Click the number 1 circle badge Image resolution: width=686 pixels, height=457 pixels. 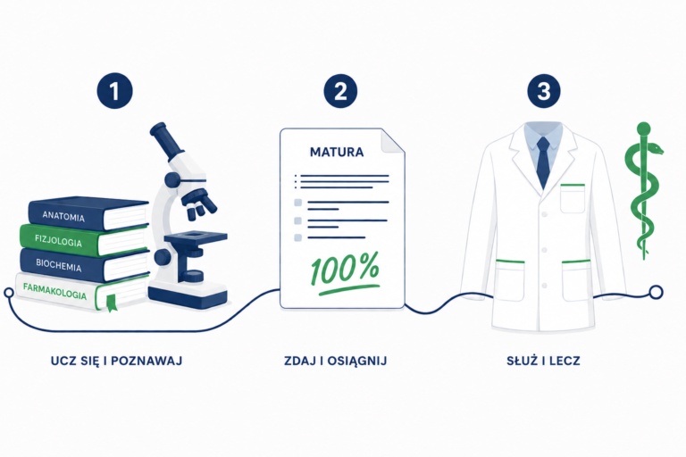click(114, 91)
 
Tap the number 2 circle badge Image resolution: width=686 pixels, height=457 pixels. click(340, 91)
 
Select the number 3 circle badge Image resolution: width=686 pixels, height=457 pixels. click(544, 91)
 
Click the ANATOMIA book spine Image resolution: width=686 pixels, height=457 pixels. click(64, 215)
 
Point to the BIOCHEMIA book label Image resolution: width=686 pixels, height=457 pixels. click(59, 265)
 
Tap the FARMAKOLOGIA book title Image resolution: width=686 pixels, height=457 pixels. click(54, 291)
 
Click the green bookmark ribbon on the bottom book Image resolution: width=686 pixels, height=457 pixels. click(112, 303)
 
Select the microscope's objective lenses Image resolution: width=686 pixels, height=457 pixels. click(200, 204)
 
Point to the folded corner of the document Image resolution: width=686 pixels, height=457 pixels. click(392, 141)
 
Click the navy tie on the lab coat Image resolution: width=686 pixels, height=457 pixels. click(543, 162)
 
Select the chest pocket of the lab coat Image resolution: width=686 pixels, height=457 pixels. click(573, 198)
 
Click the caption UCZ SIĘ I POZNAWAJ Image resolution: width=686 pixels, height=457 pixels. click(116, 361)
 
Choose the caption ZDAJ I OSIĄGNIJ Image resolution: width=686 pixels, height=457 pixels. click(335, 361)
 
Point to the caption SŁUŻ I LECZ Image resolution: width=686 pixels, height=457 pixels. click(543, 361)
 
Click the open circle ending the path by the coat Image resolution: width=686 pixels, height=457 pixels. click(656, 292)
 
